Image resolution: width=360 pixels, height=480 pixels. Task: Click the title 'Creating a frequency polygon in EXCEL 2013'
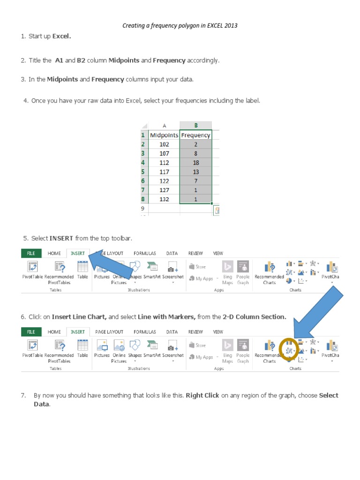pos(180,25)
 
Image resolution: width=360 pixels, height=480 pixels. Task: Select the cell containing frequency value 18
pos(195,163)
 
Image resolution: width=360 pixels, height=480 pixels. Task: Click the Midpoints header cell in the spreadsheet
pos(164,135)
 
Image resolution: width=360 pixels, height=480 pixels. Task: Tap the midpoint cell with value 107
pos(164,153)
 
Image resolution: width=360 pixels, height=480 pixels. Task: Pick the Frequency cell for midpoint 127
pos(195,190)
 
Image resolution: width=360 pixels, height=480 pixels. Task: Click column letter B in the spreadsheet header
pos(195,125)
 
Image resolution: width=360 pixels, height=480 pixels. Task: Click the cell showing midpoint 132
pos(164,199)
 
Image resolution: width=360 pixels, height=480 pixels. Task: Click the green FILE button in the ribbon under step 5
pos(31,253)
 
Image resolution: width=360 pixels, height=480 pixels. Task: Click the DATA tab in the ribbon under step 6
pos(172,332)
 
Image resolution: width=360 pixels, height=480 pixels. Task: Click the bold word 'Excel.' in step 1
pos(62,36)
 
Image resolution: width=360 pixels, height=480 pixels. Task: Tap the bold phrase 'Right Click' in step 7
pos(202,395)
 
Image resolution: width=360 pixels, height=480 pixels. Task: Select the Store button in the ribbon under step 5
pos(197,267)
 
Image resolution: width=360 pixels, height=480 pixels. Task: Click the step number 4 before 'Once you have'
pos(25,100)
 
